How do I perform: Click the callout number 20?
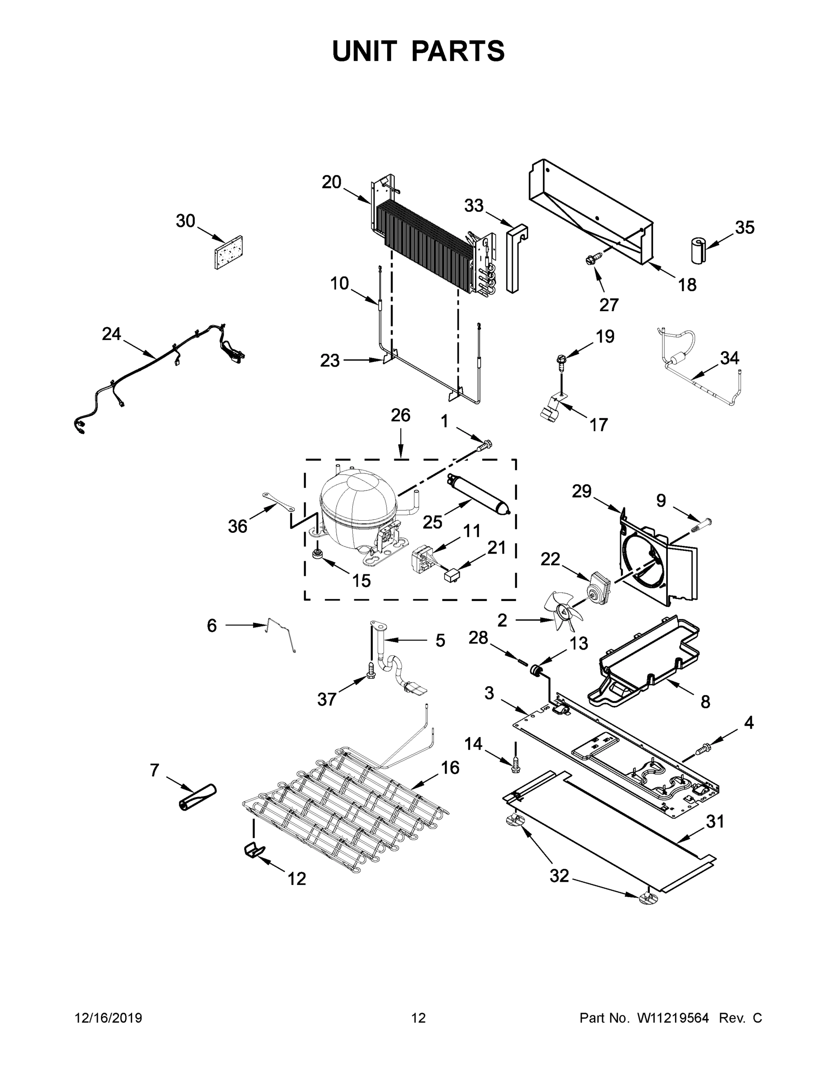click(331, 182)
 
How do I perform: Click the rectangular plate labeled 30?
click(229, 252)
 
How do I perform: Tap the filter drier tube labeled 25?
click(477, 496)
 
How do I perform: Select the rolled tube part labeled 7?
click(197, 798)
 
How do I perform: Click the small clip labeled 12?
click(254, 850)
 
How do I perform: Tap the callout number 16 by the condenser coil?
click(450, 767)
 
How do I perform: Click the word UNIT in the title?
click(365, 51)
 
